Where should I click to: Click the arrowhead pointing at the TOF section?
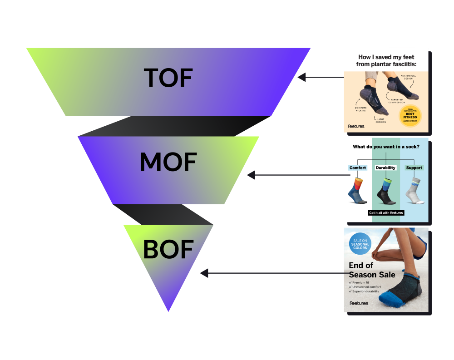tap(302, 78)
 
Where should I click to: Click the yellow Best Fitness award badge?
tap(410, 116)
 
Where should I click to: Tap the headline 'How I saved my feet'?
tap(386, 57)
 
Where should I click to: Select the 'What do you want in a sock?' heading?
tap(386, 147)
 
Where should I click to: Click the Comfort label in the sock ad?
tap(358, 168)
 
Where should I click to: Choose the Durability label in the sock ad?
tap(385, 168)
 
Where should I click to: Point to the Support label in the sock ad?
tap(414, 168)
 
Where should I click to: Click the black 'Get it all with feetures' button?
tap(386, 213)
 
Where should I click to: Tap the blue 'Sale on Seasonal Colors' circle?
tap(360, 244)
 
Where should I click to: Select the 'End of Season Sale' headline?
tap(371, 270)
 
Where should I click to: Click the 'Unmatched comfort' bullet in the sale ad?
tap(366, 287)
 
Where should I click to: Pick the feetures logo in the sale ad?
tap(359, 303)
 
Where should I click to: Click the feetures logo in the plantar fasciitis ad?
tap(356, 126)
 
